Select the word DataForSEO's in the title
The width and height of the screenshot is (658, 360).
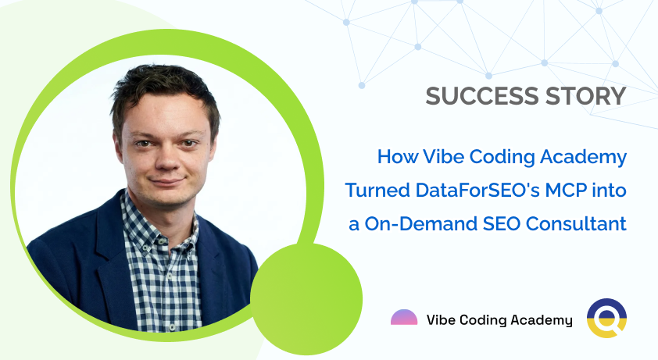(x=469, y=191)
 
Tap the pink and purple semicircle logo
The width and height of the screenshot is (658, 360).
(x=404, y=318)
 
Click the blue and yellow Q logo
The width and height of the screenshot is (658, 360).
(x=606, y=319)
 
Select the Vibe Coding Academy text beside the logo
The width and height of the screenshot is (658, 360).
(x=499, y=319)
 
